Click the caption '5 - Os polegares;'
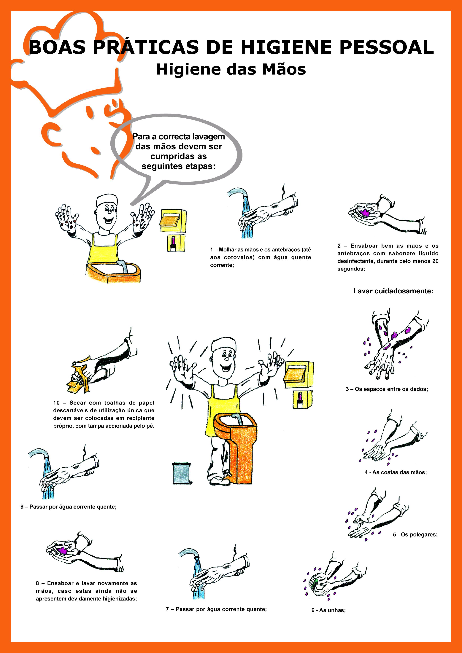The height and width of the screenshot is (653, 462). [x=415, y=534]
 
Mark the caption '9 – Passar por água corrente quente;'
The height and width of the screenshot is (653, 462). [x=69, y=507]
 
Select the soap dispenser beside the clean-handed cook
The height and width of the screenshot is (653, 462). [x=302, y=400]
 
